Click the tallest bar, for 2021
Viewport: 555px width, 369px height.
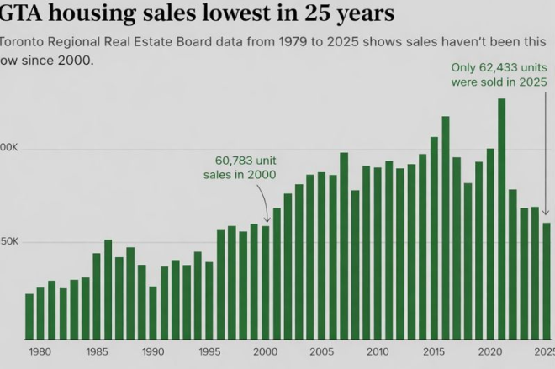click(501, 219)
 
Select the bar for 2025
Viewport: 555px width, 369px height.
click(547, 281)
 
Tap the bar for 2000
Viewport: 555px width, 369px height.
click(266, 282)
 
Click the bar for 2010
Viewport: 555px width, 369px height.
click(378, 253)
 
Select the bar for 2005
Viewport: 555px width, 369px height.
click(321, 256)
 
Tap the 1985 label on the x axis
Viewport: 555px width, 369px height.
click(96, 351)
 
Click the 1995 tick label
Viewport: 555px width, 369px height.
click(209, 351)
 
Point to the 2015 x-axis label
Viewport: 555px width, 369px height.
click(434, 351)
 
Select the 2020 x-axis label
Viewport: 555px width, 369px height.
click(490, 351)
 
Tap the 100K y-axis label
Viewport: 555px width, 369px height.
click(8, 149)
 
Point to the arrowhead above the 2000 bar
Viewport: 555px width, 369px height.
click(267, 220)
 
